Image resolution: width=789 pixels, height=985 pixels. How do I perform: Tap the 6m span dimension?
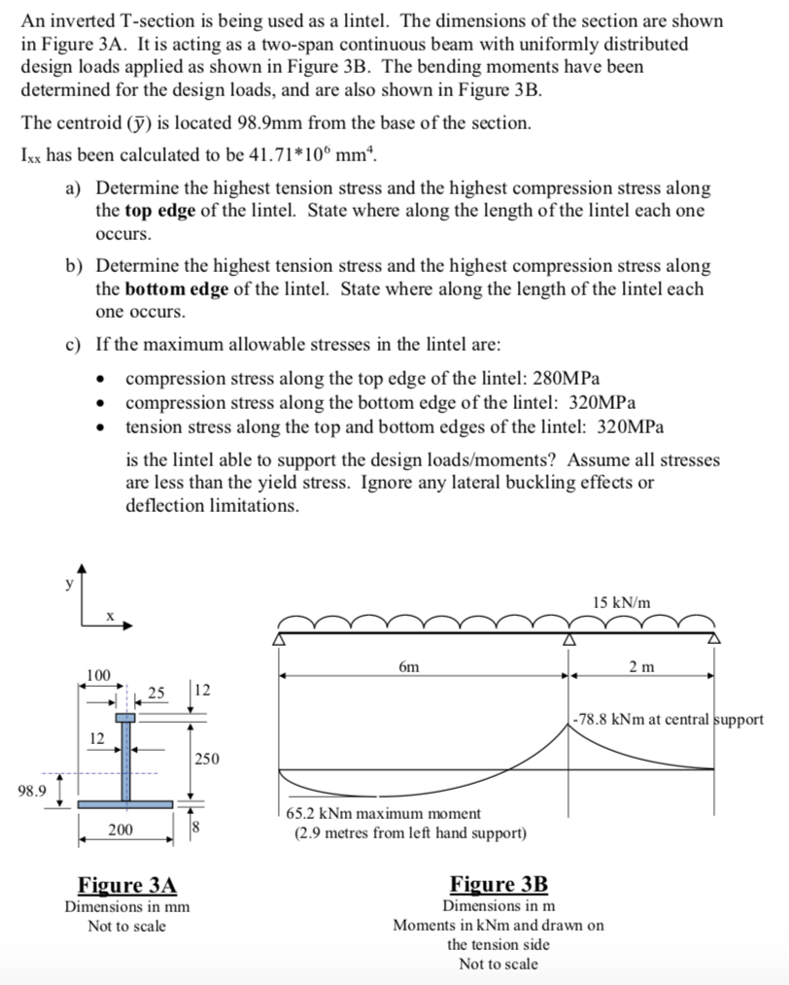click(409, 667)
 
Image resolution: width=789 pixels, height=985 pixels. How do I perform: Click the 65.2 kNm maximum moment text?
click(383, 813)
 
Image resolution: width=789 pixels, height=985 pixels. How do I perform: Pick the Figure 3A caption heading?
click(127, 885)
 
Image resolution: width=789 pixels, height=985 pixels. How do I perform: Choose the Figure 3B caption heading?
click(498, 884)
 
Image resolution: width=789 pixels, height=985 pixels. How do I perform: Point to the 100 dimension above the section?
click(98, 674)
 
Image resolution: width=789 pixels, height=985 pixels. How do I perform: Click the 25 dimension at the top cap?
click(156, 691)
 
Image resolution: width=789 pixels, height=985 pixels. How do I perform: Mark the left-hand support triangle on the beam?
click(281, 640)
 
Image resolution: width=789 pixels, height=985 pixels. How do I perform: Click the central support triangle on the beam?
click(567, 640)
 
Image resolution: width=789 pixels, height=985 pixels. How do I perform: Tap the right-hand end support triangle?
click(714, 640)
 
